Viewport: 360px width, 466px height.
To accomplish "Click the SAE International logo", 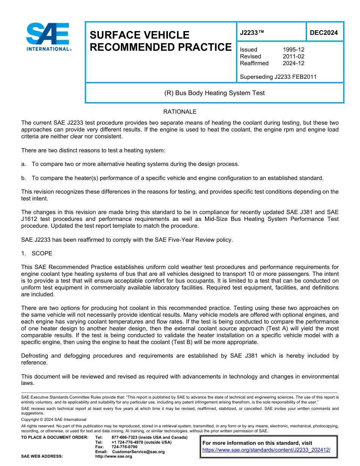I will tap(48, 37).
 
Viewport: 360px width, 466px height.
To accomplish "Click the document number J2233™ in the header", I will tap(252, 33).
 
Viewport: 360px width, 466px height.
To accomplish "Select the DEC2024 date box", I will tap(324, 33).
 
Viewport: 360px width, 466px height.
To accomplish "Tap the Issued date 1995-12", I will tap(293, 50).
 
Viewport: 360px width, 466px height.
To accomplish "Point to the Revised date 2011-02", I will tap(293, 56).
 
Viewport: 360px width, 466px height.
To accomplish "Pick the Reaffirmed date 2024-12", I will tap(293, 63).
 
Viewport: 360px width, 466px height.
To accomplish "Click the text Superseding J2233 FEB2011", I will tap(278, 77).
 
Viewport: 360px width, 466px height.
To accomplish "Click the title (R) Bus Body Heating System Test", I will tap(214, 93).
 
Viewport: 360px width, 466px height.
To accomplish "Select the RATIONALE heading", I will tap(180, 112).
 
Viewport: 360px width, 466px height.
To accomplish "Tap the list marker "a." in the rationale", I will tap(24, 164).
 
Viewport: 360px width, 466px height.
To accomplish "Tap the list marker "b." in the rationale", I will tap(24, 178).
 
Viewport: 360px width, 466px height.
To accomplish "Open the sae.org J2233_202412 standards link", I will tap(266, 450).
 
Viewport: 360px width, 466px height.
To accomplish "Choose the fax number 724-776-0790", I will tap(124, 447).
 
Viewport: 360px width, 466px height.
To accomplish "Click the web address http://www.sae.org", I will tap(113, 457).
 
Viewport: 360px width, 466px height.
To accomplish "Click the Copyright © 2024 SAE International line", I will tap(54, 419).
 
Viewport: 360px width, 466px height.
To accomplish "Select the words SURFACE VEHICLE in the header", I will tap(139, 35).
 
